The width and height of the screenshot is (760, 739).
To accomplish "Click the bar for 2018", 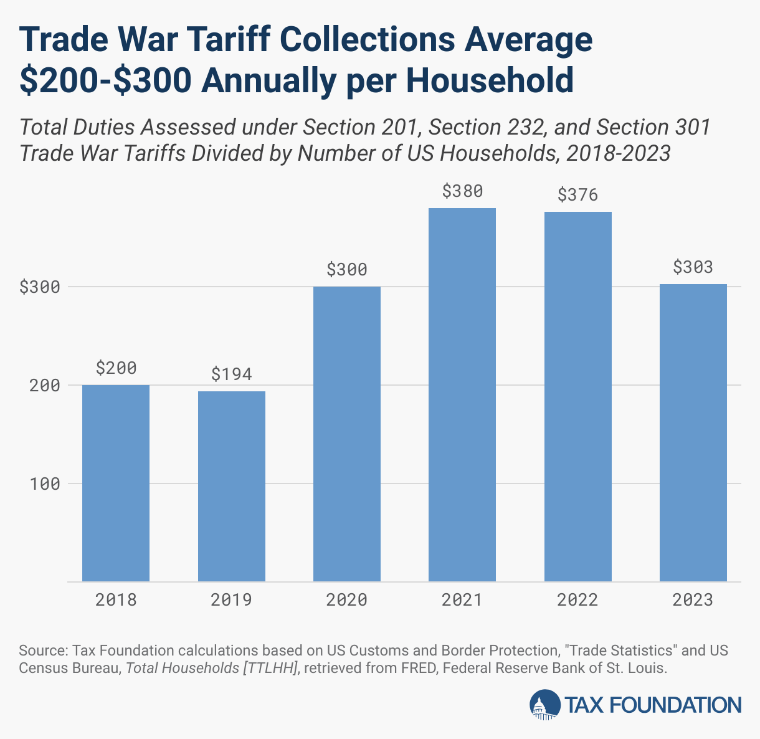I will pyautogui.click(x=116, y=483).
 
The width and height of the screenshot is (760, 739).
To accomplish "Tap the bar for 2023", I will pyautogui.click(x=693, y=432).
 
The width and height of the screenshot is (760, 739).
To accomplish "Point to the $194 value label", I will pyautogui.click(x=232, y=374).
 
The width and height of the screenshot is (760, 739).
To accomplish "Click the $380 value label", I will pyautogui.click(x=462, y=191).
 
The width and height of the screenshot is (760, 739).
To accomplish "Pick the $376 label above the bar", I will pyautogui.click(x=577, y=195).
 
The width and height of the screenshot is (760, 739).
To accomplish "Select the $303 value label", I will pyautogui.click(x=693, y=267).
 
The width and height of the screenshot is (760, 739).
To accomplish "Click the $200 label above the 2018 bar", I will pyautogui.click(x=116, y=368).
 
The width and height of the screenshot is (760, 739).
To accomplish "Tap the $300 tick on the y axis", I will pyautogui.click(x=40, y=287).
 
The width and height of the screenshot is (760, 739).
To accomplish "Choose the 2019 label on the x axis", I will pyautogui.click(x=232, y=600).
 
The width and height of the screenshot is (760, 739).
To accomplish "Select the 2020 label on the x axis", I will pyautogui.click(x=347, y=600).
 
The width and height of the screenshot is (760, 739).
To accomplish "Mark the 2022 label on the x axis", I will pyautogui.click(x=577, y=600).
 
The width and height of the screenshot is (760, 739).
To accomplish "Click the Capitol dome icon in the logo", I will pyautogui.click(x=544, y=705).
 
